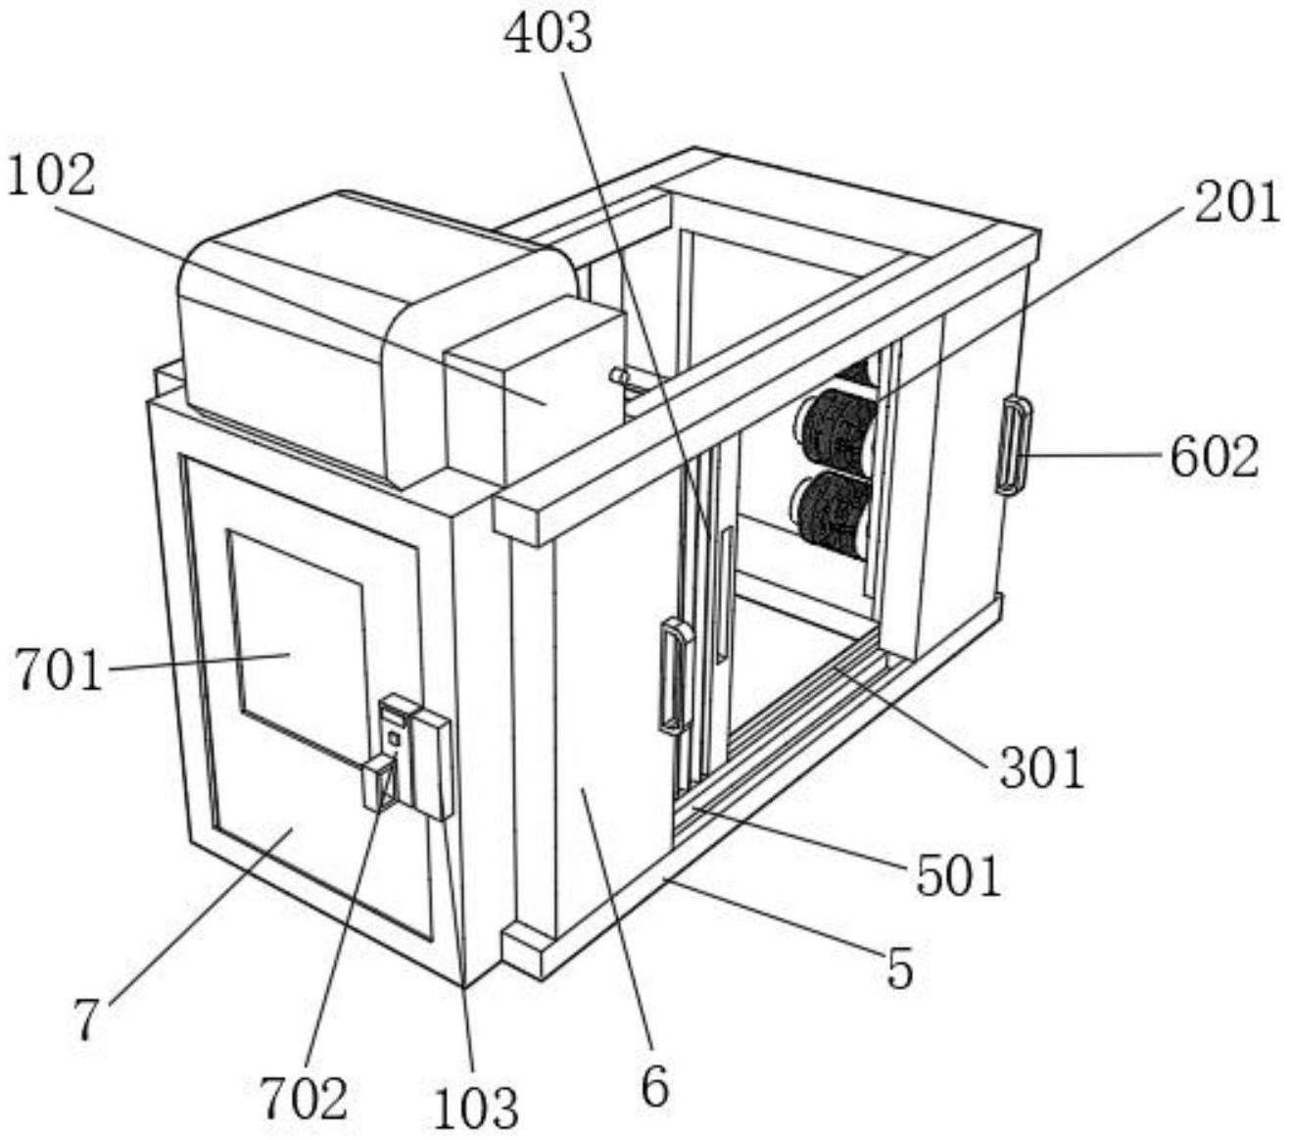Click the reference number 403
(x=549, y=34)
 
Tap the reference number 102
(x=51, y=175)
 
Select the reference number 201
(x=1236, y=203)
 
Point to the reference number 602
(x=1215, y=458)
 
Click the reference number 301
(x=1041, y=768)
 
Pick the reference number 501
(x=959, y=877)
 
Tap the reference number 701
(x=59, y=669)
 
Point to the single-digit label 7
(x=87, y=1019)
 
